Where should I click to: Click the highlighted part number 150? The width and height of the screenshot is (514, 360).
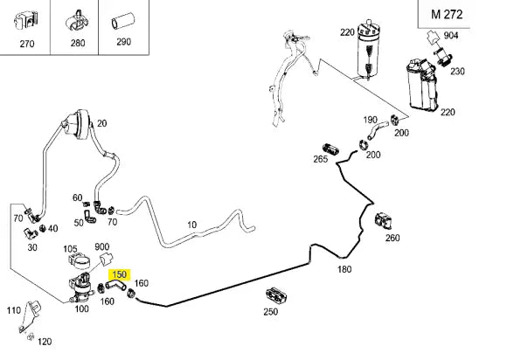(x=119, y=274)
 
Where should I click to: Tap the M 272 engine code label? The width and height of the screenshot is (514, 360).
(x=447, y=14)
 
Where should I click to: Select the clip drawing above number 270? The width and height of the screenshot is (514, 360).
(x=26, y=22)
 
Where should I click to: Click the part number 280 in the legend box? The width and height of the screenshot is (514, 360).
(x=78, y=43)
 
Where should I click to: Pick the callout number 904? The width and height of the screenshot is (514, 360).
(x=451, y=35)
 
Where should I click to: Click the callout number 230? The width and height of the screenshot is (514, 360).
(x=457, y=71)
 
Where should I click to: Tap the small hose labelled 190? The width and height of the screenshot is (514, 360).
(x=377, y=129)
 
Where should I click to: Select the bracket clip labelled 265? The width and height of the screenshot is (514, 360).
(x=330, y=149)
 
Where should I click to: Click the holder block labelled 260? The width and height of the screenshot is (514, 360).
(x=384, y=220)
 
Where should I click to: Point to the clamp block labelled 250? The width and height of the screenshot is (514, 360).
(x=275, y=295)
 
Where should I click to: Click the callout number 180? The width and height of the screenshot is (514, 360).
(x=344, y=269)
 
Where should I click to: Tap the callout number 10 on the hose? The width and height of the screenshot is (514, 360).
(x=191, y=225)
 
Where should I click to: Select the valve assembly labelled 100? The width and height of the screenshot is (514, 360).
(x=80, y=287)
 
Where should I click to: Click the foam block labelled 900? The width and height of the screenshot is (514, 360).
(x=106, y=259)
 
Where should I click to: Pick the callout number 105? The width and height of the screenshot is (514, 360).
(x=70, y=249)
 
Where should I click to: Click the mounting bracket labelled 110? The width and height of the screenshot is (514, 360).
(x=31, y=315)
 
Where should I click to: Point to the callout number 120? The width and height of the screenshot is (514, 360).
(x=45, y=342)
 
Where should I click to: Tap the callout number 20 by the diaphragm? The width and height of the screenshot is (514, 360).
(x=101, y=123)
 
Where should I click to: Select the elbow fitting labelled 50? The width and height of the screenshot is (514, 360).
(x=89, y=217)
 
